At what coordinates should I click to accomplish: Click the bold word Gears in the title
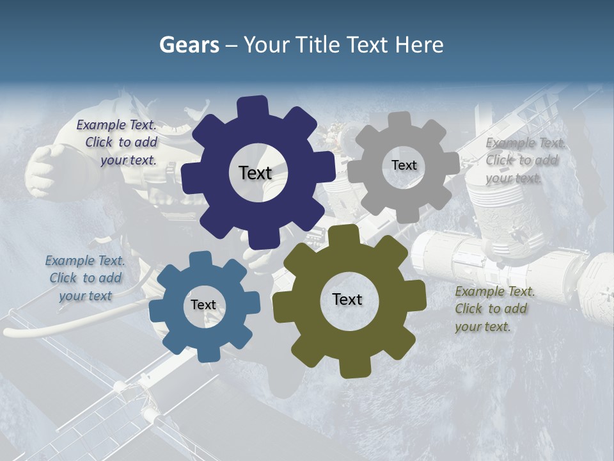[x=189, y=45]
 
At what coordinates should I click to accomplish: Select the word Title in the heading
[x=316, y=45]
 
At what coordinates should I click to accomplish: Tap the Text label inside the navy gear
[x=255, y=173]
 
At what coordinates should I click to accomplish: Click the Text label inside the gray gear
[x=404, y=165]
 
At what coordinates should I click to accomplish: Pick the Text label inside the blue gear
[x=203, y=305]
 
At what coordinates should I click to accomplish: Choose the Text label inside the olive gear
[x=347, y=299]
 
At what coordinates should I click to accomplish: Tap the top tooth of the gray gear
[x=400, y=120]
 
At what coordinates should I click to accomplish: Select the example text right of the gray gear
[x=524, y=161]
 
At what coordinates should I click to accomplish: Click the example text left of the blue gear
[x=86, y=278]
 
